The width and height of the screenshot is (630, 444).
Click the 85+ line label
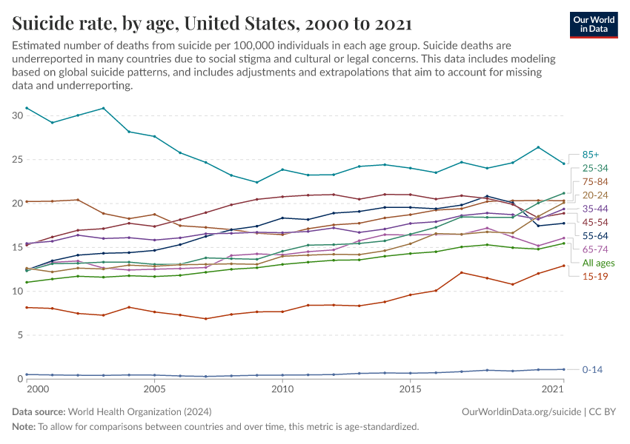click(590, 153)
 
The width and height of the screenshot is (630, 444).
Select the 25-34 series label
click(595, 167)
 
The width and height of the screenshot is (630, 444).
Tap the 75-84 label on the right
click(595, 181)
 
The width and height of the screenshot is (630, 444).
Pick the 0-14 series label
click(593, 369)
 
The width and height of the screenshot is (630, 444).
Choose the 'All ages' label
click(597, 263)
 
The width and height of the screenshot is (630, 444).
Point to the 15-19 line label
click(595, 277)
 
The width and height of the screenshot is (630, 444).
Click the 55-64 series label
click(595, 235)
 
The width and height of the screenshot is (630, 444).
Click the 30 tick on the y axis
click(17, 115)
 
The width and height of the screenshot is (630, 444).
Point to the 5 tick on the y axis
click(20, 335)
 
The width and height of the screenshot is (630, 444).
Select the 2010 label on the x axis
click(282, 389)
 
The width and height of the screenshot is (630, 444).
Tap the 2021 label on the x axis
click(552, 389)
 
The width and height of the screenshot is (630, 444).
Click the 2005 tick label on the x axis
click(154, 389)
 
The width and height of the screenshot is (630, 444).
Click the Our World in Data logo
click(595, 24)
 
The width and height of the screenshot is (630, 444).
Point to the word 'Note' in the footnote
click(24, 426)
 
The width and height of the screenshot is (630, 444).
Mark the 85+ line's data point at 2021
click(563, 164)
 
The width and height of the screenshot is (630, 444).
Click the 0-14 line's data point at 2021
click(563, 369)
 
